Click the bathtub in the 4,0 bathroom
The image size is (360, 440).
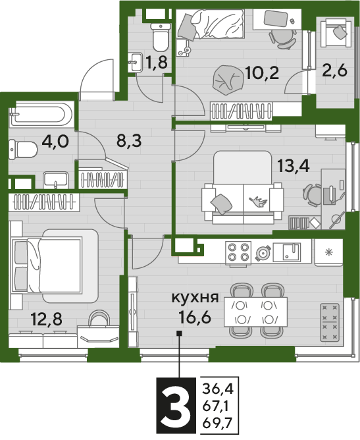pos(41,115)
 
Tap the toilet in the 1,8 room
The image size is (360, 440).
pos(161,36)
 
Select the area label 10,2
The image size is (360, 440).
pos(261,72)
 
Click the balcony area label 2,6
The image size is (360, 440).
pos(334,70)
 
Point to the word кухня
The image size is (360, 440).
pos(195,297)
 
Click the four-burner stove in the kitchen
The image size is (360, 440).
pos(238,252)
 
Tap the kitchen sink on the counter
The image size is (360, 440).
pos(287,252)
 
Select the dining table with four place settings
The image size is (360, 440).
pos(255,312)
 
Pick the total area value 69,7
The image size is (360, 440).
pos(218,423)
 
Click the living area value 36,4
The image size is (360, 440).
pos(218,389)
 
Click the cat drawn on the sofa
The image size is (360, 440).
pos(259,201)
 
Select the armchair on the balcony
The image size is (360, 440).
pos(336,33)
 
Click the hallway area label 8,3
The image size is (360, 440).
pos(129,140)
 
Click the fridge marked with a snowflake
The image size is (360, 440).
pos(328,252)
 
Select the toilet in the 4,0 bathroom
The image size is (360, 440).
pos(23,150)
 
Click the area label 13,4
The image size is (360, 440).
pos(294,166)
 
